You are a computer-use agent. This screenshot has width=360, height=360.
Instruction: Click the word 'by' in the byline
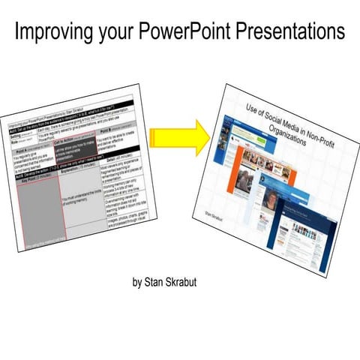(137, 283)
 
